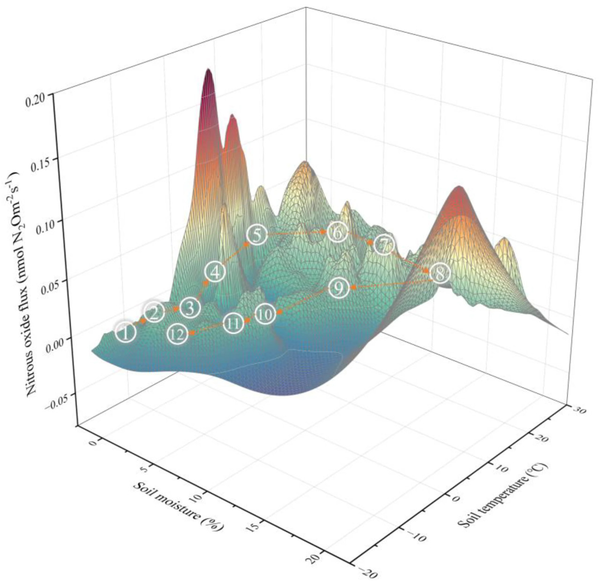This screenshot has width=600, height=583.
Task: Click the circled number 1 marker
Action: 126,333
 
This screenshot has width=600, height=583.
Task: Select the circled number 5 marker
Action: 256,235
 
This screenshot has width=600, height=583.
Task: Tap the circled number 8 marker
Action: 440,273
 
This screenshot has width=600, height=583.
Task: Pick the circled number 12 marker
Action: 177,334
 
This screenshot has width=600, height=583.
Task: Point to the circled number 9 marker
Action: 338,288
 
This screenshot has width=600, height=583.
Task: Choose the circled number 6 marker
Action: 337,232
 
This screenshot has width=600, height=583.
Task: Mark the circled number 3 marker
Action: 190,308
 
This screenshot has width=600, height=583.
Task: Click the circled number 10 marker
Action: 265,314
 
